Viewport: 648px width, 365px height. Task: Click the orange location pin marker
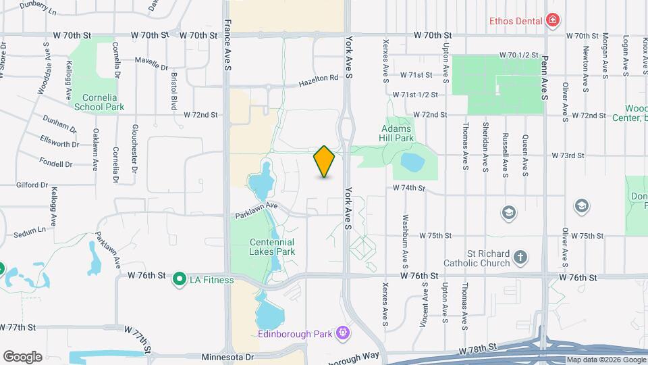click(x=324, y=162)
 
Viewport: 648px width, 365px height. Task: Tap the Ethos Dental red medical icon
click(x=553, y=20)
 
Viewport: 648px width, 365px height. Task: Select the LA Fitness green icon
click(x=180, y=278)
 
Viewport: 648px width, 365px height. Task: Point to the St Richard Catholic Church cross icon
click(x=520, y=257)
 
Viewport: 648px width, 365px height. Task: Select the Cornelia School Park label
click(x=99, y=102)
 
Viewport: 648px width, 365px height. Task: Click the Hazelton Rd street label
click(x=319, y=78)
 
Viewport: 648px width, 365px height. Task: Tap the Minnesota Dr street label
click(x=227, y=356)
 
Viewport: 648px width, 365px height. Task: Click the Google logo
click(x=22, y=356)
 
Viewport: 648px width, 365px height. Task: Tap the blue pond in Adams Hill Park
click(x=412, y=162)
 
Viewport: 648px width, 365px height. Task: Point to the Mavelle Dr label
click(x=151, y=67)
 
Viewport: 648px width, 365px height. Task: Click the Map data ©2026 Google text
click(x=605, y=360)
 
